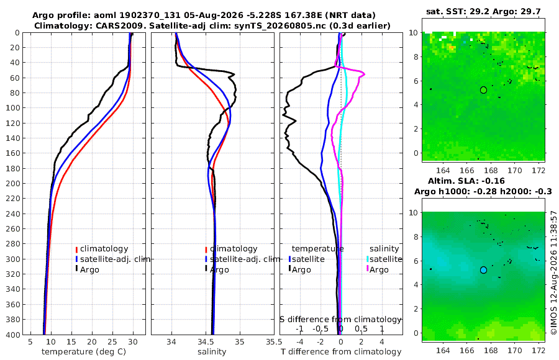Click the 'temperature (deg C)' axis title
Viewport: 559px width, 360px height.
84,352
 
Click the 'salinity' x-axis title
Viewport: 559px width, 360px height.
212,352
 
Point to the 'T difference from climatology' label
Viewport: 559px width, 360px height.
341,352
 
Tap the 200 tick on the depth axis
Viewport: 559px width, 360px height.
14,183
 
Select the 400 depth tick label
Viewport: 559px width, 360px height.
14,335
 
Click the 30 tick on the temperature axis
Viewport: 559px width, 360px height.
133,341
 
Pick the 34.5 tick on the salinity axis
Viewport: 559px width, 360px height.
206,341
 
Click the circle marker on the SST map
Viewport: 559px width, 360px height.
483,90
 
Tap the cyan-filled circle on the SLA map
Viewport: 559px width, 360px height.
483,270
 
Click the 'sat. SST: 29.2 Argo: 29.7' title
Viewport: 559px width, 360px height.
483,12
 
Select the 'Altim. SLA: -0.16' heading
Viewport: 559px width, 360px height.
466,181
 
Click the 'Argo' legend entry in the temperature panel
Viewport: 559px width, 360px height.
88,269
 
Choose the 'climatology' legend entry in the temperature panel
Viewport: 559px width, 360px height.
102,249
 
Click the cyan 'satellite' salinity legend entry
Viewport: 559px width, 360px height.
384,259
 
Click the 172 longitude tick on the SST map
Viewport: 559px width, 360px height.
539,170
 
